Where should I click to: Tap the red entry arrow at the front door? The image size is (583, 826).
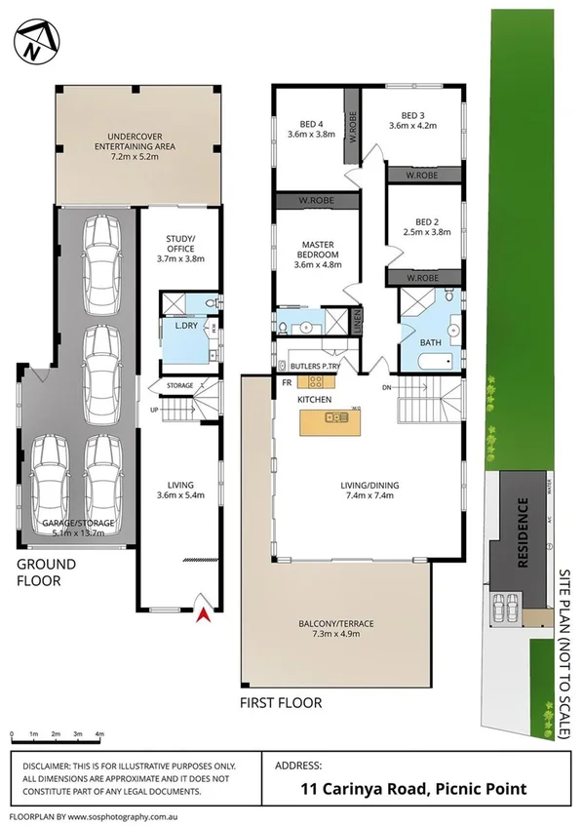coord(204,612)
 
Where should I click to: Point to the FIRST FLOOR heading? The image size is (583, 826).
coord(282,702)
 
